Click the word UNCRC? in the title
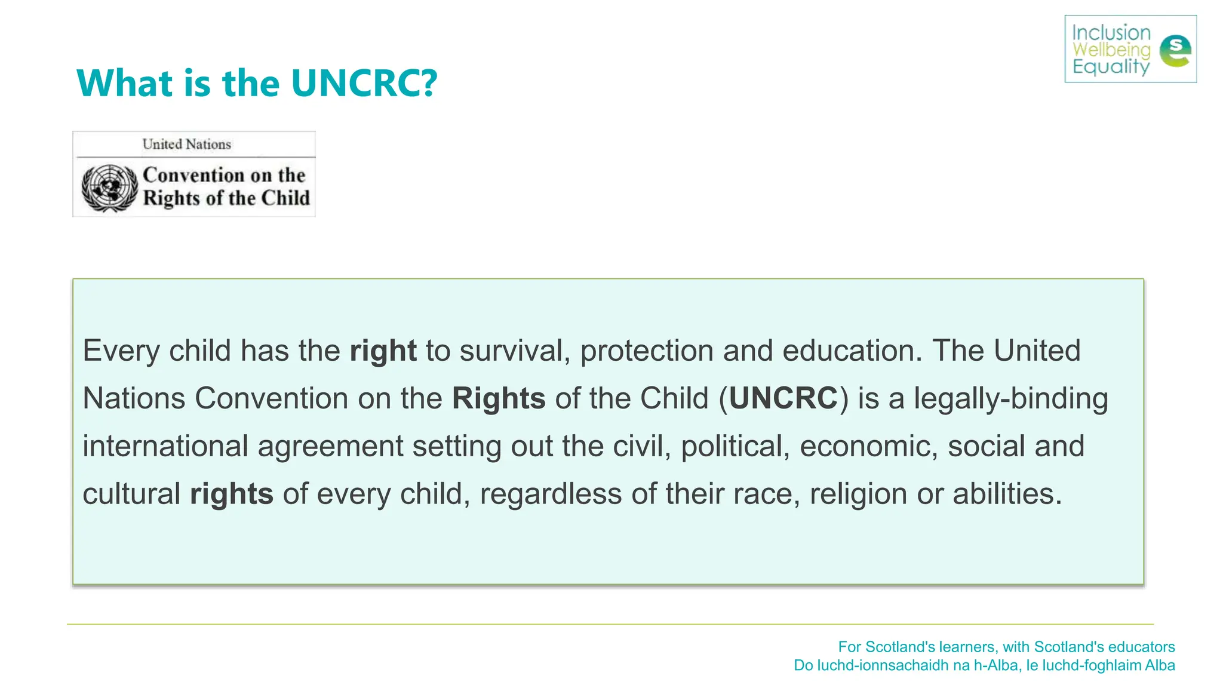tap(364, 83)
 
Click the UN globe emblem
tap(109, 188)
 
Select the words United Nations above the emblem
tap(186, 144)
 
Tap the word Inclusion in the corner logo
tap(1111, 33)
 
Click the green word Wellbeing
tap(1111, 50)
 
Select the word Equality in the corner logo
tap(1111, 66)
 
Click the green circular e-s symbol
tap(1175, 51)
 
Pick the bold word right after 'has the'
tap(383, 351)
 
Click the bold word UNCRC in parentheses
tap(783, 398)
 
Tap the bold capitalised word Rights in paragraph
tap(499, 398)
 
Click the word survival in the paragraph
tap(511, 351)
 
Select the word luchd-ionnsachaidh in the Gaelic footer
tap(893, 665)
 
